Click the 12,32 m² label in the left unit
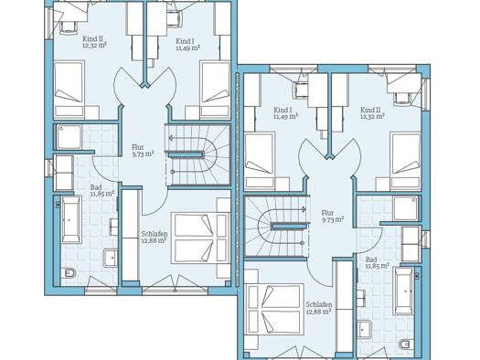(x=94, y=46)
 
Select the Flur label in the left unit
(x=138, y=147)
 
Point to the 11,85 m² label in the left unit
(x=101, y=194)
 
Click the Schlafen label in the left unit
(x=155, y=234)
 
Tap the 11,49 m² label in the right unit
(x=285, y=116)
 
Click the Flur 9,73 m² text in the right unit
(x=332, y=216)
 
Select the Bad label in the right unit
(x=371, y=259)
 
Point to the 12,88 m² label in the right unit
(x=319, y=312)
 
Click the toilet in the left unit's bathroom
(x=69, y=273)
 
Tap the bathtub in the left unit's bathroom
(x=71, y=219)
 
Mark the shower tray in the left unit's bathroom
(x=69, y=137)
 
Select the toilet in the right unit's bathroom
(x=406, y=344)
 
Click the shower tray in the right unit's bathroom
(x=406, y=208)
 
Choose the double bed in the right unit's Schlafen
(x=274, y=309)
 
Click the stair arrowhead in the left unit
(x=171, y=138)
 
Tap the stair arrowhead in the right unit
(x=304, y=209)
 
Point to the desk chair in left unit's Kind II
(x=69, y=26)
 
